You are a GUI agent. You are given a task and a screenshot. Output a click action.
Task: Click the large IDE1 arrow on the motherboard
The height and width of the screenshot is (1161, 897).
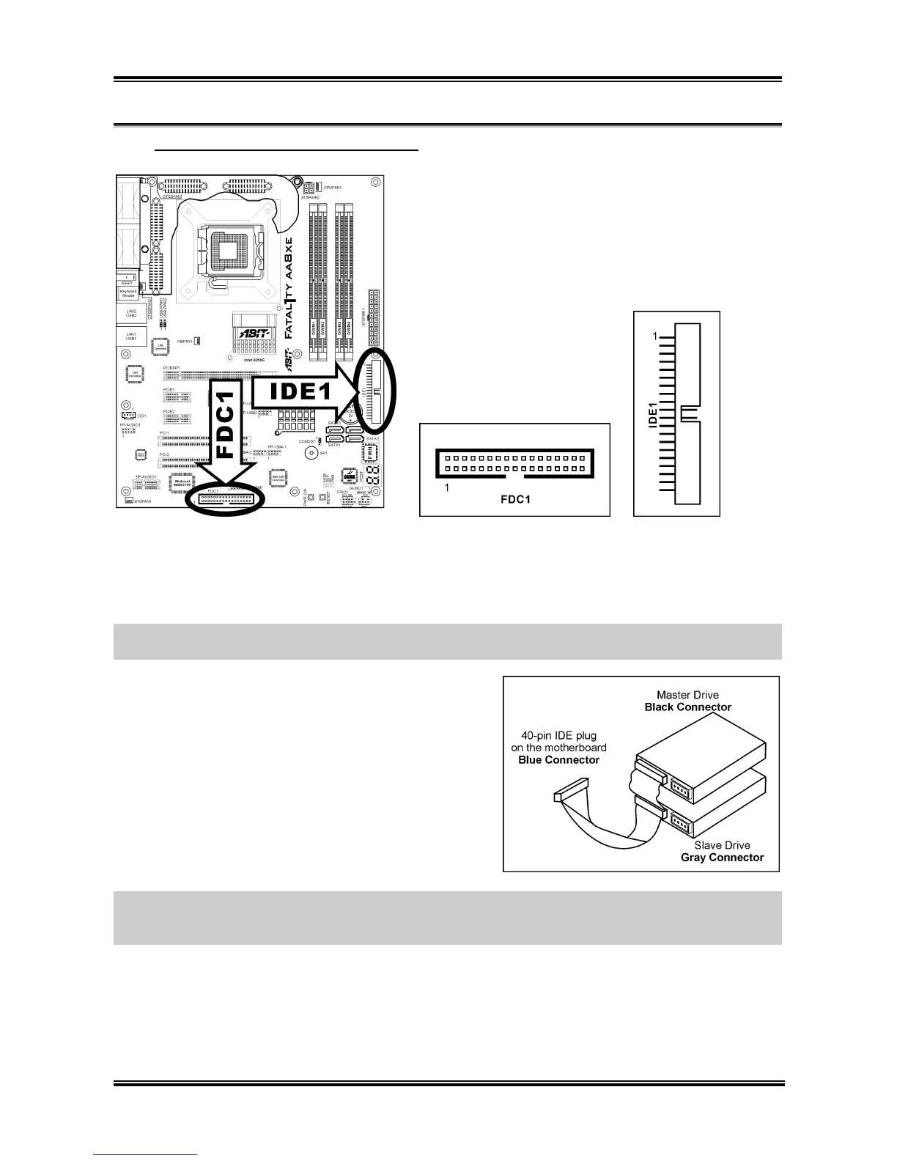(x=297, y=391)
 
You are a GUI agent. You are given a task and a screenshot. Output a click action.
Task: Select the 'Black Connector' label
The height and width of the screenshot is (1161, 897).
(x=687, y=707)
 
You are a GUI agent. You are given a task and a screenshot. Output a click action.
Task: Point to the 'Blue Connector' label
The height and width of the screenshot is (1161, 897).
(x=558, y=760)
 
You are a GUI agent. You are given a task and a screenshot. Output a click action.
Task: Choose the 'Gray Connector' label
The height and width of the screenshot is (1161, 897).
(x=722, y=858)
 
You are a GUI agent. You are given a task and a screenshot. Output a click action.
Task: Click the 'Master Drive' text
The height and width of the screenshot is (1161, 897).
(x=687, y=695)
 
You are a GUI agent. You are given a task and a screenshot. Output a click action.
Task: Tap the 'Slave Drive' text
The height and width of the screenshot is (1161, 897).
(x=723, y=845)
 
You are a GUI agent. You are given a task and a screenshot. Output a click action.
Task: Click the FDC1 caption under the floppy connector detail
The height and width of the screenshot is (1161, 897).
(x=514, y=501)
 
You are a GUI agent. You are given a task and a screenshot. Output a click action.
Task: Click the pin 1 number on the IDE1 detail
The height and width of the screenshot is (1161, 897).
(x=655, y=337)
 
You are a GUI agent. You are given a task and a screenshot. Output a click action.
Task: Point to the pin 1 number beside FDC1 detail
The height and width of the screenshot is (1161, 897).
(x=447, y=487)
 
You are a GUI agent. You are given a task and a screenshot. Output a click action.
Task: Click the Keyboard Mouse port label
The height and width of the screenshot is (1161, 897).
(x=128, y=293)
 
